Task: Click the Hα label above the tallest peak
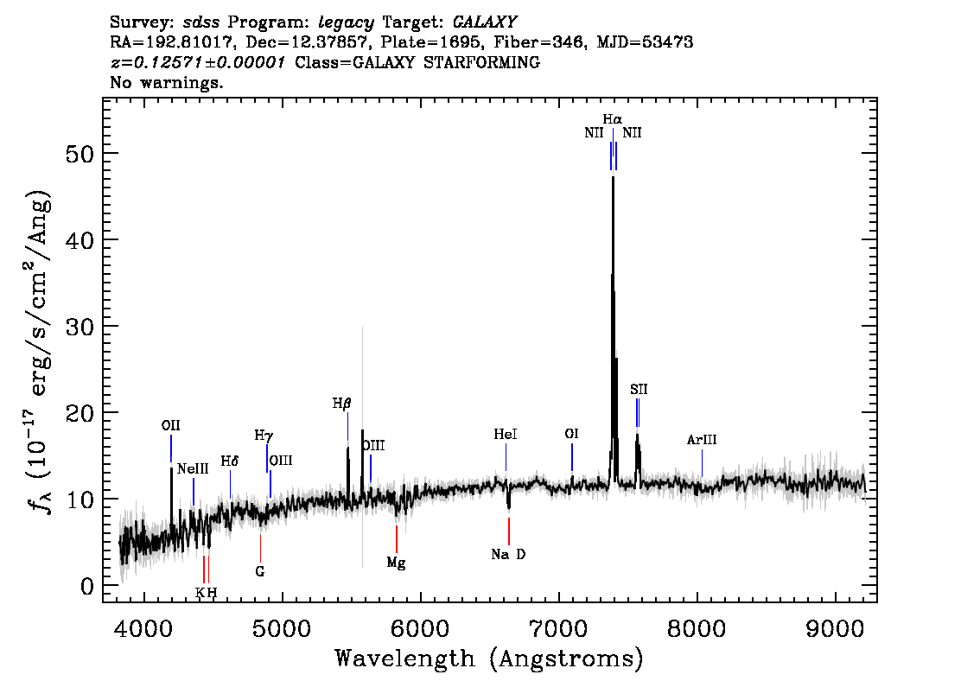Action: pos(613,118)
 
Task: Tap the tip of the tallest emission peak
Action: pos(613,177)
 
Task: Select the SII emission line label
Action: pos(639,390)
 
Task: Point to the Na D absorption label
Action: pos(508,554)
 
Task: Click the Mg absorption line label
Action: pos(397,563)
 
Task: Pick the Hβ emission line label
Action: pos(342,404)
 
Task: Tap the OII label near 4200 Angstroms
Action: pos(170,426)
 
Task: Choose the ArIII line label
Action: pos(702,440)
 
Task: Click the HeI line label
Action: pos(505,434)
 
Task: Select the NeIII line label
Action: pos(193,468)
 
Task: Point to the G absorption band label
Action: pos(260,571)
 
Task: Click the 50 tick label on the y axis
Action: pos(80,154)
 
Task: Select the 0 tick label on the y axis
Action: pos(87,586)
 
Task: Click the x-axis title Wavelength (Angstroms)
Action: pos(489,659)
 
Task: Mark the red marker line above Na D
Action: pos(509,531)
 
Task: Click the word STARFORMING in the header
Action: pos(482,62)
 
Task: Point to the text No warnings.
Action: pos(166,82)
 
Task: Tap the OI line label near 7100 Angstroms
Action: pos(571,434)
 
